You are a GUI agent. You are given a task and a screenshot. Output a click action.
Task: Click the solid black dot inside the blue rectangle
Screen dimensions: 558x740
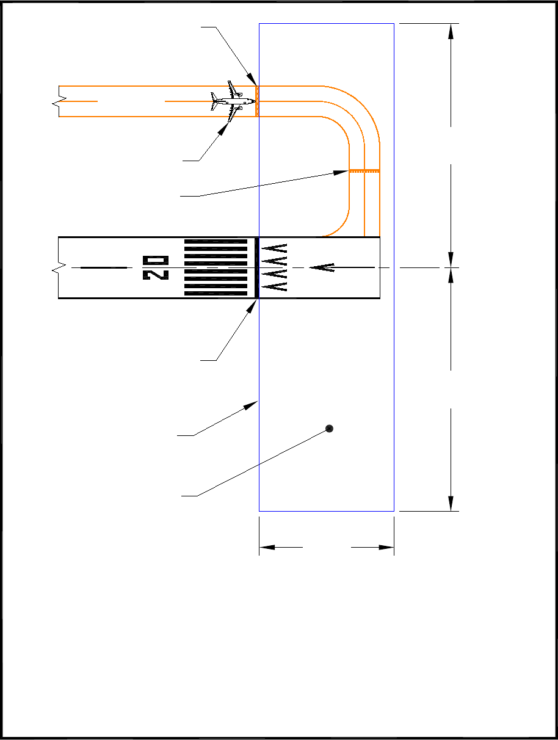pos(329,429)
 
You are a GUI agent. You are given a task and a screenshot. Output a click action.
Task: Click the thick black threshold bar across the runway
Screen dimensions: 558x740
pos(256,267)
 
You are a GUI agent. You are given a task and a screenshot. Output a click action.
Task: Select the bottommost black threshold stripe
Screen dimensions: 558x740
pos(216,294)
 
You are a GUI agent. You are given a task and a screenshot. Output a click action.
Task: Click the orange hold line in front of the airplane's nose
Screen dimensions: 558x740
pos(257,101)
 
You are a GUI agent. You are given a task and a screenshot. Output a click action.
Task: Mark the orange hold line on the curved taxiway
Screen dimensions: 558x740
pos(364,171)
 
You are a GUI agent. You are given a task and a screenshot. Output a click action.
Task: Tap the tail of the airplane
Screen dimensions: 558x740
pos(214,101)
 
